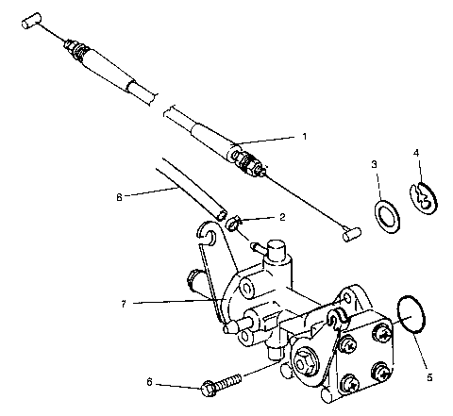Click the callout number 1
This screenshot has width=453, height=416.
[304, 136]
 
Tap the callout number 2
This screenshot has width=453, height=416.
[268, 216]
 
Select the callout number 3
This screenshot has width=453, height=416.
[374, 165]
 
